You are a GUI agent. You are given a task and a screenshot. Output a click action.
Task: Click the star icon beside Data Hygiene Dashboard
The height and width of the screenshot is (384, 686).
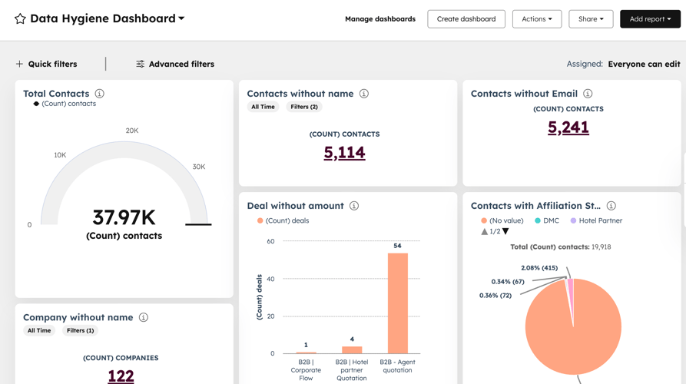pos(20,18)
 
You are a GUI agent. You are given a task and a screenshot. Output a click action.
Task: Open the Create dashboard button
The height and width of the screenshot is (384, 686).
pos(466,18)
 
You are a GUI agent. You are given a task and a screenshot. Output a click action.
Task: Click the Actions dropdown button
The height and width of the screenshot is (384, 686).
pos(536,18)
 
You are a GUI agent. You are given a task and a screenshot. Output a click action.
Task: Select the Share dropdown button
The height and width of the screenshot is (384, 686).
pos(591,18)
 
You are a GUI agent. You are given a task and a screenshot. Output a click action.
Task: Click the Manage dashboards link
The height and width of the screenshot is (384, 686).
pos(379,18)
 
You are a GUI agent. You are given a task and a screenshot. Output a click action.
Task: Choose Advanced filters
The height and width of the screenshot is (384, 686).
pos(175,64)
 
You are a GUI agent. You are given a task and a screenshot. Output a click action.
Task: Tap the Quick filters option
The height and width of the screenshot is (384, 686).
pos(46,64)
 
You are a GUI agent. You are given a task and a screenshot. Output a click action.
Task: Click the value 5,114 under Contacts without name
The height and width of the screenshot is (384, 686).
pos(344,152)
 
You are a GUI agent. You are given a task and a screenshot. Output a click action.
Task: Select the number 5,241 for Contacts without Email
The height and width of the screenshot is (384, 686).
pos(568,127)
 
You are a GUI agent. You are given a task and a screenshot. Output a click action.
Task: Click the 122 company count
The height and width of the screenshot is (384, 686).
pos(121,376)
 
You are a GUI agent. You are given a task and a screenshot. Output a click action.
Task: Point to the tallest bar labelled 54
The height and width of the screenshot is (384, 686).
pos(397,303)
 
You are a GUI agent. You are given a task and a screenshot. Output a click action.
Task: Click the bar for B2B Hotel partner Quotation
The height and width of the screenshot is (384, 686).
pos(352,349)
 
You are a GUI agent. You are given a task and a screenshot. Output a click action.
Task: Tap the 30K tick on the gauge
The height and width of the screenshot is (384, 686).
pos(199,167)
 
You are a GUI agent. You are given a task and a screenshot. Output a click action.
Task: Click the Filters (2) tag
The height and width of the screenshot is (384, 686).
pos(304,107)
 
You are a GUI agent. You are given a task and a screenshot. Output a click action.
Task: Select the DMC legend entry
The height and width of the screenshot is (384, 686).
pos(547,220)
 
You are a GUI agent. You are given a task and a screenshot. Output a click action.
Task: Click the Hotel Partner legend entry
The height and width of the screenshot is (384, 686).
pos(596,220)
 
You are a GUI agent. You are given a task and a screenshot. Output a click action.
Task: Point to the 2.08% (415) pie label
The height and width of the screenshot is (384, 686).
pos(539,268)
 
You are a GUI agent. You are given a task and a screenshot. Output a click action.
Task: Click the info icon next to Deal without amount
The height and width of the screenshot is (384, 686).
pos(354,206)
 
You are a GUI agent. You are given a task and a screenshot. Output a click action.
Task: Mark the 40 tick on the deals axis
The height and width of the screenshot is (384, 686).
pos(270,279)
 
